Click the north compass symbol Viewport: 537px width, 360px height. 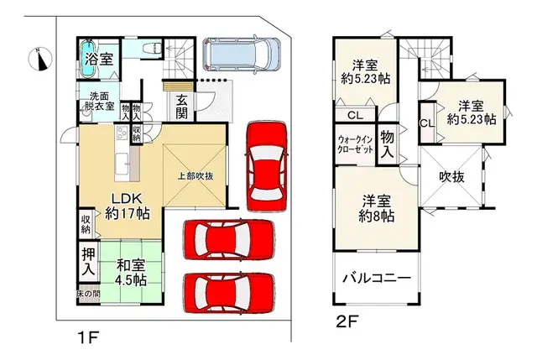41,60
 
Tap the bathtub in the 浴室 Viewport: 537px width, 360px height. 88,60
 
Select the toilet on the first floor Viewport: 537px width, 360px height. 153,48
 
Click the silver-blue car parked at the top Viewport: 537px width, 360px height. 242,55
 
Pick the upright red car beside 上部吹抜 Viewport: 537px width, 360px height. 266,166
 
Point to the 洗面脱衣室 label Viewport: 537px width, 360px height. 99,102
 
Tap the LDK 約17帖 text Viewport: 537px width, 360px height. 127,206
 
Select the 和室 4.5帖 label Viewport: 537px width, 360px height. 131,273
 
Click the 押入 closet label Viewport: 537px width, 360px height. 88,262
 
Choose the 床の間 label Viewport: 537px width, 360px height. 88,294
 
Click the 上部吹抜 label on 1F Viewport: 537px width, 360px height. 196,176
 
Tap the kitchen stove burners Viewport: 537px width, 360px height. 122,133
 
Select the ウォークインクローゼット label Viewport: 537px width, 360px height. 355,145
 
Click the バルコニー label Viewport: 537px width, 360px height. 377,278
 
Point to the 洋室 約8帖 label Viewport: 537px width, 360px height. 377,209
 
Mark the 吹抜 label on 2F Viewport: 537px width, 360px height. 451,177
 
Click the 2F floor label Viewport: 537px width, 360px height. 347,322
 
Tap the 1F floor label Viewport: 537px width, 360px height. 88,338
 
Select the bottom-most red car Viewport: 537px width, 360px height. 229,293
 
